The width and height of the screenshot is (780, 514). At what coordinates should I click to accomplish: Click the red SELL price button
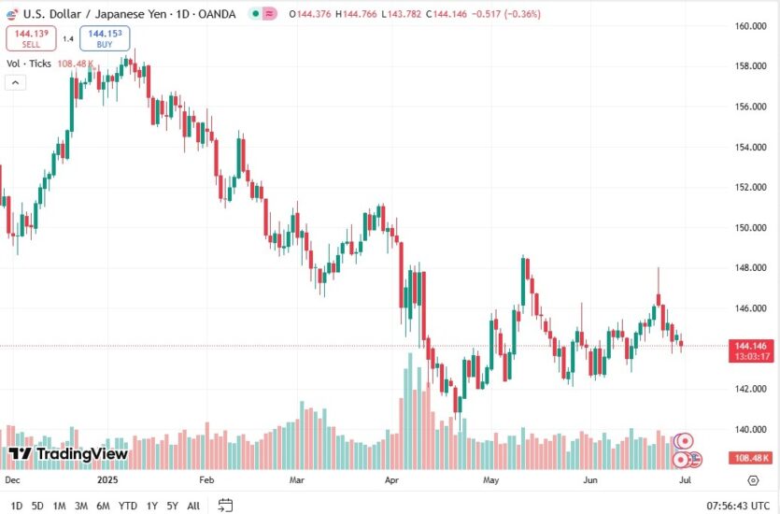click(31, 38)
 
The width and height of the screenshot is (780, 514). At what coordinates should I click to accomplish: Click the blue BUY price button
click(105, 38)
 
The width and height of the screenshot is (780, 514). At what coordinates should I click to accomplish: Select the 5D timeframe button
click(37, 506)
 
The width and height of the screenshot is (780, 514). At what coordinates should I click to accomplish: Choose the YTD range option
click(128, 506)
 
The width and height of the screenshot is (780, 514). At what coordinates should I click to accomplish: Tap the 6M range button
click(103, 506)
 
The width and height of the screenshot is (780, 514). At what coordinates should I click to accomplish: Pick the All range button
click(193, 506)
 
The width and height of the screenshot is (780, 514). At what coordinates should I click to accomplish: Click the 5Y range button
click(172, 506)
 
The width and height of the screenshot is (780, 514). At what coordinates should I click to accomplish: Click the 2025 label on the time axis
click(109, 479)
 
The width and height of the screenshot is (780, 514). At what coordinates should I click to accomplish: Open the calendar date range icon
click(225, 506)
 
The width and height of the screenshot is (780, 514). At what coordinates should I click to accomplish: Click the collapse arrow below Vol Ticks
click(15, 82)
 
